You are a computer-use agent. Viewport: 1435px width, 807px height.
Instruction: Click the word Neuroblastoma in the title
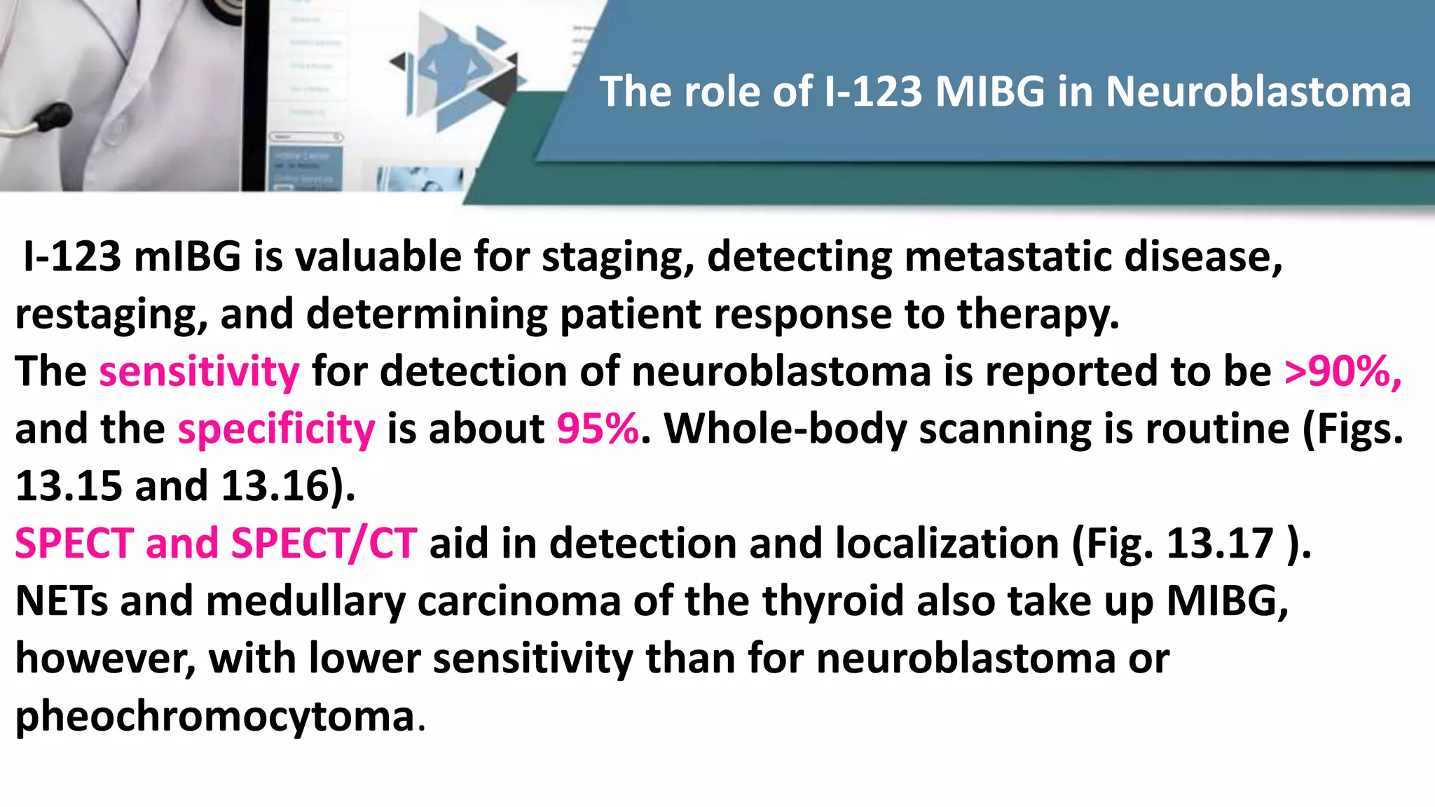coord(1258,92)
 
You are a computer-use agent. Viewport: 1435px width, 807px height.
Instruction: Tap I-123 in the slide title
coord(872,92)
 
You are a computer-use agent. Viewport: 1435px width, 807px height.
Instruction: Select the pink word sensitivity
coord(199,371)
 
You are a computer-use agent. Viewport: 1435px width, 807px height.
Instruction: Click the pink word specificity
coord(276,429)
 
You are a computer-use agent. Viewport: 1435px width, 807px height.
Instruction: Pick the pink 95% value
coord(598,429)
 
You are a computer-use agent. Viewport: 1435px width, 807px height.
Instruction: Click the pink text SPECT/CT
coord(324,544)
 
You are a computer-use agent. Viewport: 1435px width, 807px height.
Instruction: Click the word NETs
coord(62,601)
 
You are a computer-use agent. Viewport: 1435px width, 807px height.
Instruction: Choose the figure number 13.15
coord(69,486)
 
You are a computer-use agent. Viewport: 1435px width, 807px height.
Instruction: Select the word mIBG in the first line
coord(187,256)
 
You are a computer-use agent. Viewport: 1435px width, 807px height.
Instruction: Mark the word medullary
coord(305,601)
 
